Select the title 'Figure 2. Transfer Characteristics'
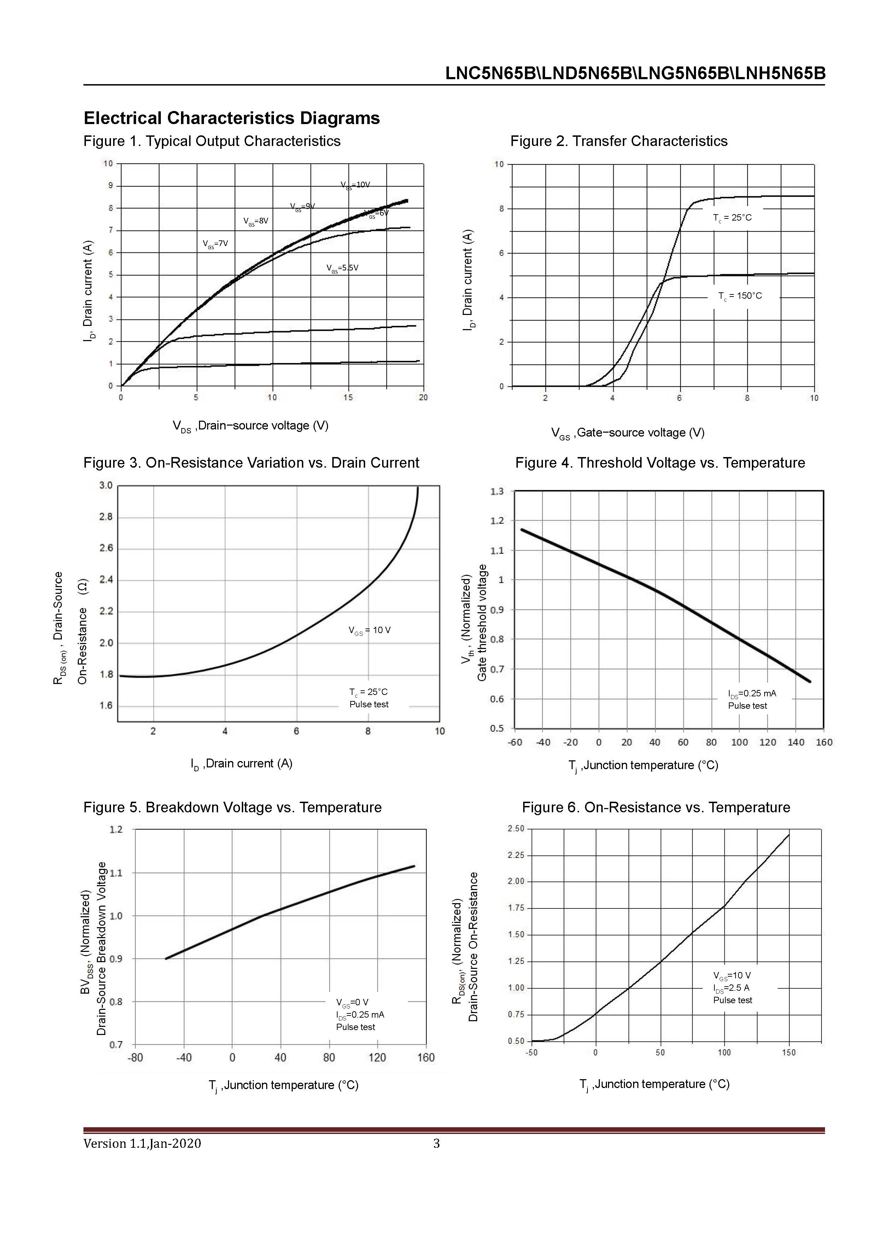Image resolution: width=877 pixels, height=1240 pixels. (x=619, y=141)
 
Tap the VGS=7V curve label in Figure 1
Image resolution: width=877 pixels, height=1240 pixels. (x=216, y=244)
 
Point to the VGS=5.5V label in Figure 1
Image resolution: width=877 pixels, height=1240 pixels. (x=343, y=268)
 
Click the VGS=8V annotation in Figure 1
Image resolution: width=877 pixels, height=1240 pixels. (x=256, y=221)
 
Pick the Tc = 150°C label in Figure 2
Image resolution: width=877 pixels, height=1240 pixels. (x=740, y=296)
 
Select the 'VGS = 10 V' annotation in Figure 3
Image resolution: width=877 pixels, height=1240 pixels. (x=369, y=630)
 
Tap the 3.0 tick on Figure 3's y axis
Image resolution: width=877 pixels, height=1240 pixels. (x=106, y=486)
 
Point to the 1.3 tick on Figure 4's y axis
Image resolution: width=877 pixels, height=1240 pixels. (x=497, y=491)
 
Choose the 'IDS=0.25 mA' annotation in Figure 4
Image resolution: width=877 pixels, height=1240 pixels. (x=752, y=694)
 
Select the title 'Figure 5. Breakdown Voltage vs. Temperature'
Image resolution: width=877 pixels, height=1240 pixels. (x=232, y=807)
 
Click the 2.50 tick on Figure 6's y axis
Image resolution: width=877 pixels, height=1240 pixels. (x=516, y=829)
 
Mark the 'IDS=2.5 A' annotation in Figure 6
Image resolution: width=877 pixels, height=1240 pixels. (x=731, y=988)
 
